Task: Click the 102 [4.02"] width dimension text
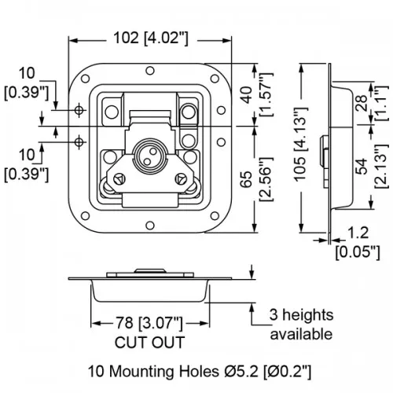click(x=151, y=39)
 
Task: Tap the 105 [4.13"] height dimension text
click(x=300, y=144)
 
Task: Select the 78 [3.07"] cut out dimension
click(x=149, y=322)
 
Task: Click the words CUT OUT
click(x=149, y=342)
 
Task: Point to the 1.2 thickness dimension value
click(x=358, y=233)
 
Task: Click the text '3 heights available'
click(x=301, y=325)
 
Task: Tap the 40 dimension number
click(x=247, y=95)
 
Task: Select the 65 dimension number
click(x=247, y=179)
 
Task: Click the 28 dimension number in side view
click(x=362, y=103)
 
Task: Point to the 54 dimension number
click(x=362, y=167)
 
